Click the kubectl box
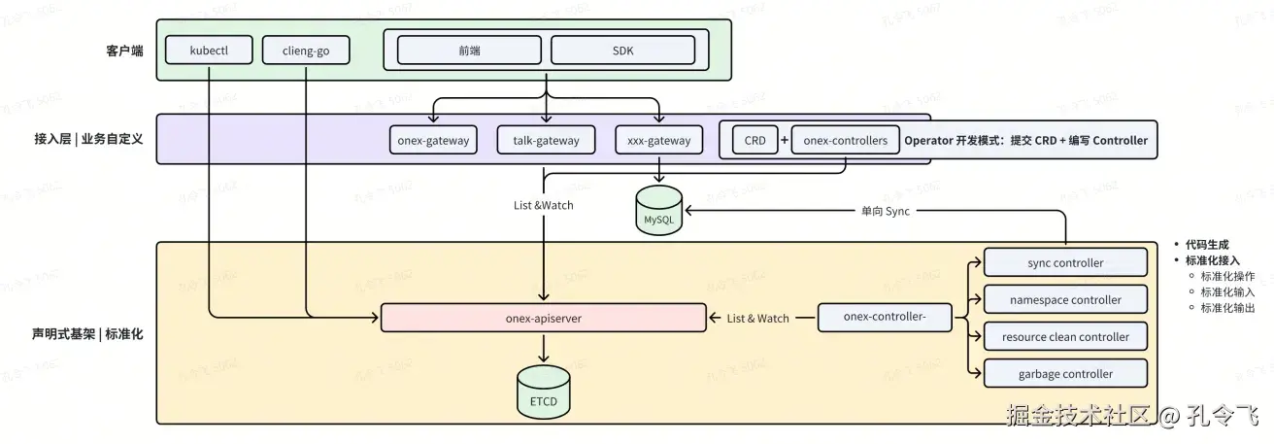point(209,51)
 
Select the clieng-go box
point(306,51)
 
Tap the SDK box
point(622,51)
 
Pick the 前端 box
point(469,51)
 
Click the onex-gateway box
point(433,140)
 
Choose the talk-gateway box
point(546,140)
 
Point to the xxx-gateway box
point(658,140)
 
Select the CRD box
point(754,140)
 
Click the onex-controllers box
point(845,140)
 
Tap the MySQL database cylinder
point(658,211)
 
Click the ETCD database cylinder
point(544,393)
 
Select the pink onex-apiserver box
point(544,318)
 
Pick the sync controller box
point(1065,262)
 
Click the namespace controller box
point(1065,299)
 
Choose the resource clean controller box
point(1065,336)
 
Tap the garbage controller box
point(1065,373)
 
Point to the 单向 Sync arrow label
point(886,211)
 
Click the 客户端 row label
point(124,51)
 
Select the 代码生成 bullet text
point(1207,245)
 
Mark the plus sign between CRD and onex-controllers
point(785,140)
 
